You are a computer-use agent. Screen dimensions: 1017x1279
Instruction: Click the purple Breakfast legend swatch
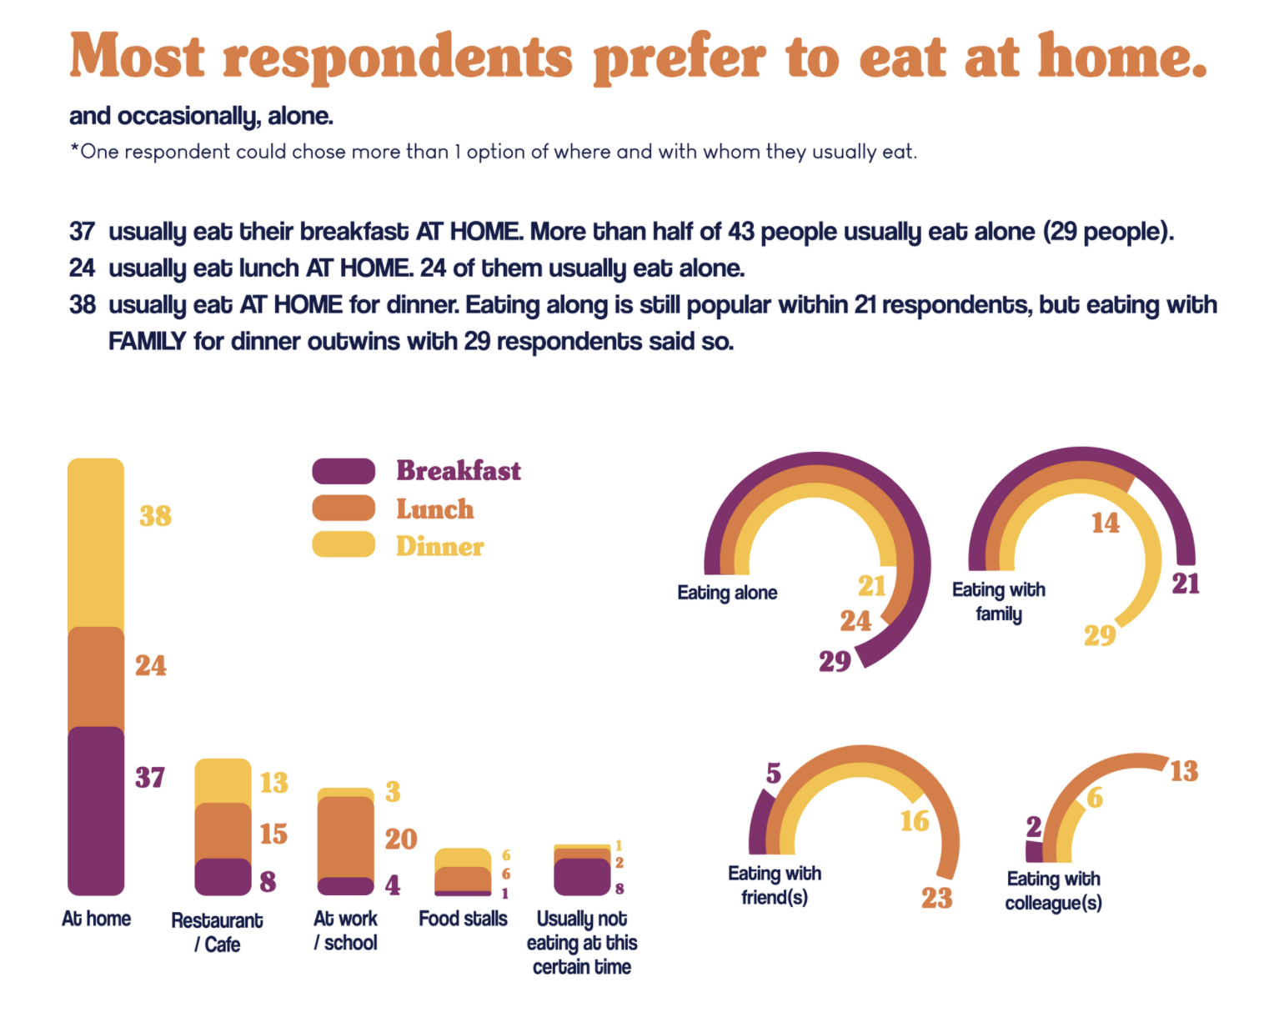click(344, 471)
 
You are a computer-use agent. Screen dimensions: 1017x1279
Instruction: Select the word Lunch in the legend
click(434, 509)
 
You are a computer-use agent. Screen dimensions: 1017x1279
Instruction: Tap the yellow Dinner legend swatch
click(344, 544)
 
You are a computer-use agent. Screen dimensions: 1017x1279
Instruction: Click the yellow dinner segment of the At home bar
click(96, 542)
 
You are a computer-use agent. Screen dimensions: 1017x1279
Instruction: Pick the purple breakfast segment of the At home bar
click(96, 809)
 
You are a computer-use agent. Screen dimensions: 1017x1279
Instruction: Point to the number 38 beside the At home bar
click(155, 516)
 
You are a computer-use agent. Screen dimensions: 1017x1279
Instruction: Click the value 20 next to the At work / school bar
click(400, 839)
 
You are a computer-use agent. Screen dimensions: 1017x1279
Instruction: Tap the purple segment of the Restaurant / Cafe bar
click(223, 877)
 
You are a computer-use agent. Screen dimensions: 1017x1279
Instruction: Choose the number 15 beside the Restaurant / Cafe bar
click(273, 834)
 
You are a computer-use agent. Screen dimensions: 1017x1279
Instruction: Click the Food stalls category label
click(463, 919)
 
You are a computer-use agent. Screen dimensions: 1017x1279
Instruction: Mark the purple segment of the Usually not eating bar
click(582, 877)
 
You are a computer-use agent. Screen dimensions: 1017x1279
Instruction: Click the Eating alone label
click(727, 593)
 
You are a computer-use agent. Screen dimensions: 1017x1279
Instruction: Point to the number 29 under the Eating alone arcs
click(834, 661)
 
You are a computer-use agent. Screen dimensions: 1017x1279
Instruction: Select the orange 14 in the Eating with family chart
click(1105, 523)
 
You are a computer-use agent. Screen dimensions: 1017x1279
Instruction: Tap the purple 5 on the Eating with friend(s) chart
click(774, 774)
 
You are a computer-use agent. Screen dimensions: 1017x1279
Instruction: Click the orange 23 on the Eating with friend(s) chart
click(936, 898)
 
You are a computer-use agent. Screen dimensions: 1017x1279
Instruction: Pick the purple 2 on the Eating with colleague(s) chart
click(1033, 827)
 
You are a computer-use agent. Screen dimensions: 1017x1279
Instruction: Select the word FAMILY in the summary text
click(147, 342)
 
